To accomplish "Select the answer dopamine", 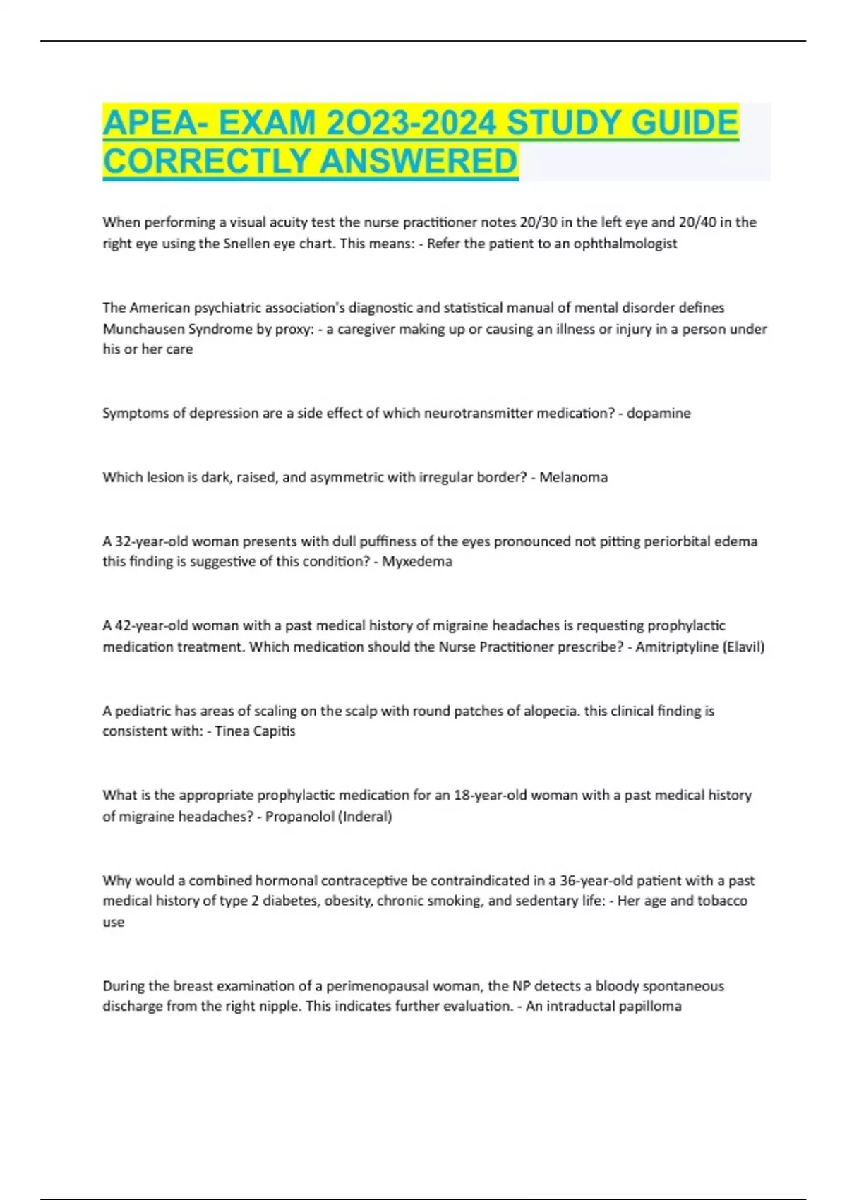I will coord(659,413).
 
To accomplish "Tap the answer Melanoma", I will coord(573,477).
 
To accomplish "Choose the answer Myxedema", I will coord(417,562).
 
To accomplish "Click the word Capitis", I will coord(274,731).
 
